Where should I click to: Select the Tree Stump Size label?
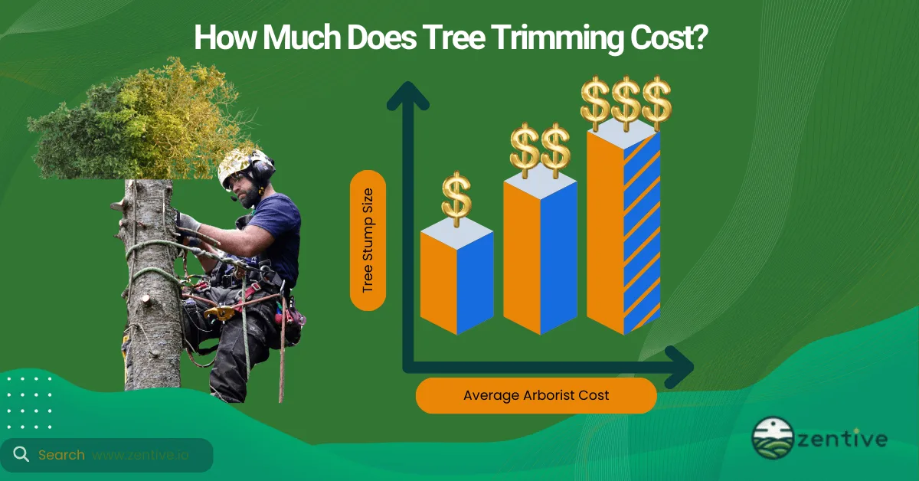(368, 240)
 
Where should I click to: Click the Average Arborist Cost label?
(536, 395)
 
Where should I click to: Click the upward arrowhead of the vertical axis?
(408, 97)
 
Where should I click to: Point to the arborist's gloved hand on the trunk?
(186, 224)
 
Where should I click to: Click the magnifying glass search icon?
(21, 455)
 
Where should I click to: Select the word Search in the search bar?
(61, 455)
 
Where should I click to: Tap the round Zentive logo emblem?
(773, 438)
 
